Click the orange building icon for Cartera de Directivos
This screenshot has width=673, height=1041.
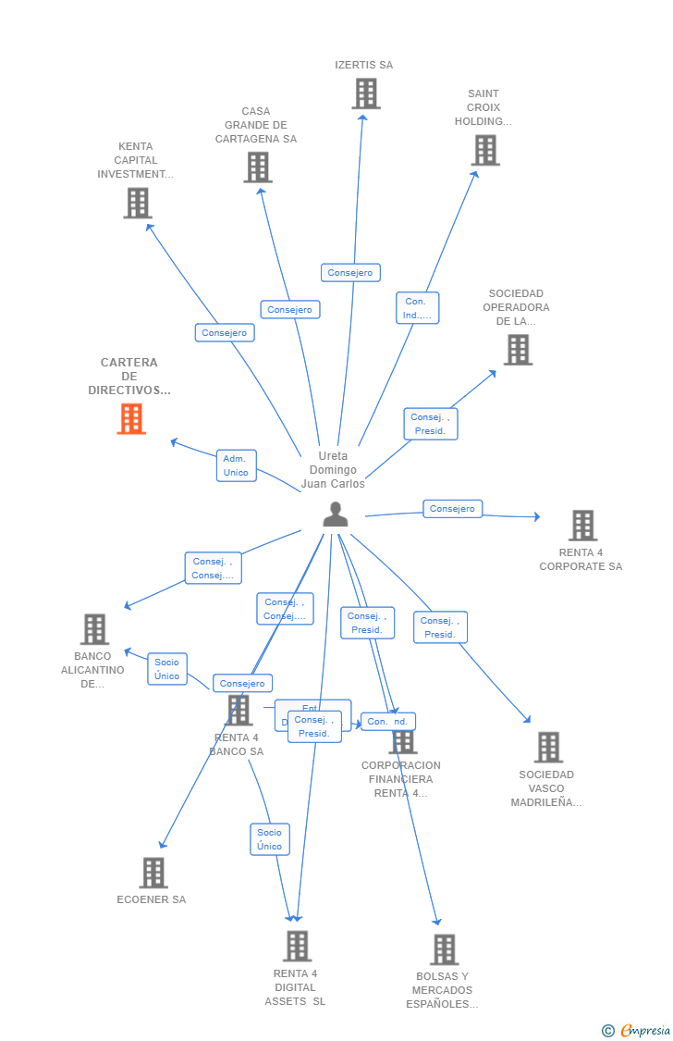(x=131, y=419)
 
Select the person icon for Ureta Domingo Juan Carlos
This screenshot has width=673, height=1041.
(x=335, y=514)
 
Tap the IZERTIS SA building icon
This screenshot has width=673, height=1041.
(x=366, y=93)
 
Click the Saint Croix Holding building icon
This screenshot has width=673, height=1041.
(x=485, y=150)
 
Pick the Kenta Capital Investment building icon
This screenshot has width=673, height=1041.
(x=138, y=203)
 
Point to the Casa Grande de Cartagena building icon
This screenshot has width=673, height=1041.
(x=258, y=167)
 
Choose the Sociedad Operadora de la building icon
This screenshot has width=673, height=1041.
(x=518, y=350)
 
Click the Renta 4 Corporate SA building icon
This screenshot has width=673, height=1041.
(x=582, y=526)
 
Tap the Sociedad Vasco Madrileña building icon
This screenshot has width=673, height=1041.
(x=548, y=747)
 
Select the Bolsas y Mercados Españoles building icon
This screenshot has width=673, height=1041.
(x=444, y=949)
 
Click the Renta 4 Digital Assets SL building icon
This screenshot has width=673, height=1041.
(x=297, y=947)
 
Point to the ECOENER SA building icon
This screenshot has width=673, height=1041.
(x=153, y=873)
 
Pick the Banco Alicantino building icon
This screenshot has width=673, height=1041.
(x=94, y=629)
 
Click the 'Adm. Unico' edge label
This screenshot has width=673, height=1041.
(x=236, y=465)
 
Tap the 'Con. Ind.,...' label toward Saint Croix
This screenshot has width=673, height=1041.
(x=417, y=308)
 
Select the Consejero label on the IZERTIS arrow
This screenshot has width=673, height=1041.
(x=350, y=273)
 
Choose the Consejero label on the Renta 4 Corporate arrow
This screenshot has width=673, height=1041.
(x=452, y=509)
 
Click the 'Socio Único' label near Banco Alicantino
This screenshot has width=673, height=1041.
(x=167, y=669)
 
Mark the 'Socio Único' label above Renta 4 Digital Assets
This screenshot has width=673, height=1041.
(x=270, y=839)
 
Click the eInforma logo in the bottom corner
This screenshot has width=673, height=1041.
(x=637, y=1030)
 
